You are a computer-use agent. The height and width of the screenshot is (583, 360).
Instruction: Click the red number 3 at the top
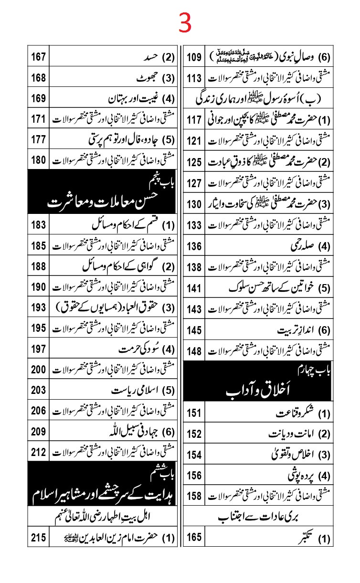point(185,23)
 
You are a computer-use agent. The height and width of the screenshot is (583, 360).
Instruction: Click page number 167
point(39,58)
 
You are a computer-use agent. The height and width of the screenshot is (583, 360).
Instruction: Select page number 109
point(194,58)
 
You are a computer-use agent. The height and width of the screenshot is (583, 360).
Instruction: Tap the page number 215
point(39,538)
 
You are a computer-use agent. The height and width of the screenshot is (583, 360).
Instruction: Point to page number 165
point(194,538)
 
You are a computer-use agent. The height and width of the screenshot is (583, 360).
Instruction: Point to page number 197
point(39,349)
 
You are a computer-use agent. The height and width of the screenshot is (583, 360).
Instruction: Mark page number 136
point(194,246)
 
